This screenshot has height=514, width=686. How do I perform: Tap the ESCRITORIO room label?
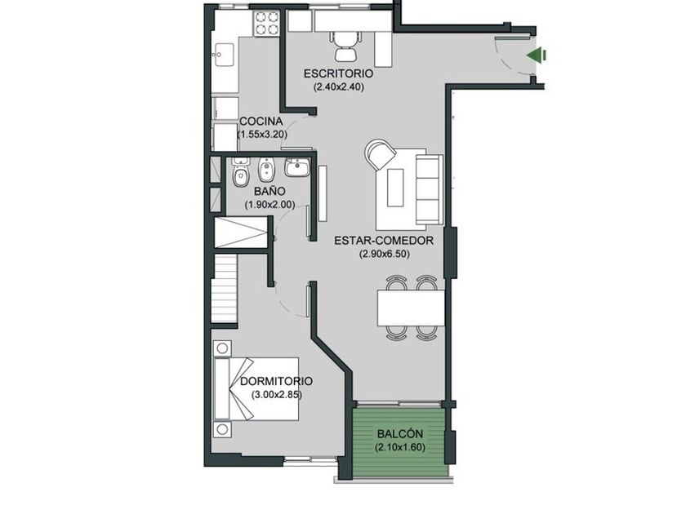coord(339,73)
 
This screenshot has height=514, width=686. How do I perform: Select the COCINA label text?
coord(261,121)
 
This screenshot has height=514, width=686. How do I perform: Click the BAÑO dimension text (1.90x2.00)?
coord(269,204)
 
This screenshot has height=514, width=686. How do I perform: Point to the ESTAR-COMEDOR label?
coord(384,241)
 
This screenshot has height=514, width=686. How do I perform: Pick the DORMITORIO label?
coord(277,381)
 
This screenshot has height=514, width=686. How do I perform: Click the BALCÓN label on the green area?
coord(400,434)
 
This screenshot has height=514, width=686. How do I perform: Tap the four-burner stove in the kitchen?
coord(266,23)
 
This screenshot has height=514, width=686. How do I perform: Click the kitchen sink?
coord(225,55)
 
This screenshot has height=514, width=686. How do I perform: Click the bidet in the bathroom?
coord(265,171)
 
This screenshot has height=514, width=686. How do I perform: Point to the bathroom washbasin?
coord(297,167)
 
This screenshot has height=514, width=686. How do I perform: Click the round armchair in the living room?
coord(380,154)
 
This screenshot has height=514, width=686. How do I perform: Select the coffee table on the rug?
coord(395,188)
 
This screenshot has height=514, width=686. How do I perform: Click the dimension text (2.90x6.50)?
coord(385,254)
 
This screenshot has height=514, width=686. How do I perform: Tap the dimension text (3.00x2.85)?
coord(277,395)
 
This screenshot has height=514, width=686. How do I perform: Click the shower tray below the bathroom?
coord(241,233)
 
